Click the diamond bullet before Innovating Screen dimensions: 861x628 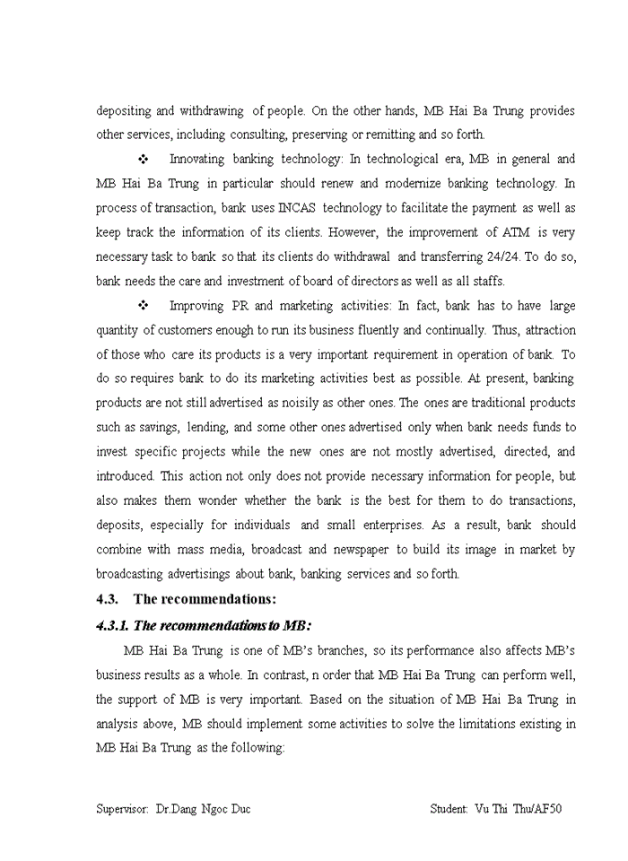tap(143, 160)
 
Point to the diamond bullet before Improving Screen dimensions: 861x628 tap(143, 306)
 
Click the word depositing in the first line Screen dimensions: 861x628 tap(124, 111)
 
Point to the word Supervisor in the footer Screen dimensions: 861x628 tap(122, 809)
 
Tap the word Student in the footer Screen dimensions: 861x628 tap(448, 809)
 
